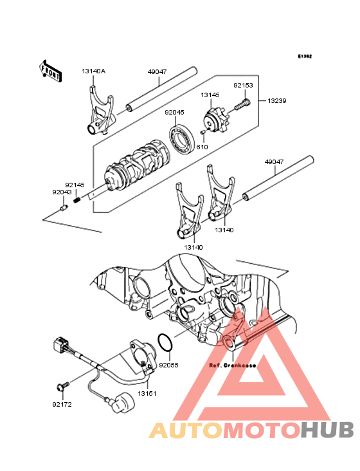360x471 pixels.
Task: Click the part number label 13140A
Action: click(x=94, y=71)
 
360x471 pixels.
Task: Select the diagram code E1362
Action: click(x=304, y=57)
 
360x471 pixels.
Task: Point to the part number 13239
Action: click(x=277, y=101)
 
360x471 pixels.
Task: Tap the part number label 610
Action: click(x=203, y=147)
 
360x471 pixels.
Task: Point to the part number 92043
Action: click(x=62, y=191)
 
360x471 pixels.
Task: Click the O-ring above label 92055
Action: click(x=165, y=344)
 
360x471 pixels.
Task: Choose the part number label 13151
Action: click(x=146, y=392)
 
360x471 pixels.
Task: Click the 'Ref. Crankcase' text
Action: click(x=232, y=365)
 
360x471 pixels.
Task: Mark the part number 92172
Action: click(x=62, y=405)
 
